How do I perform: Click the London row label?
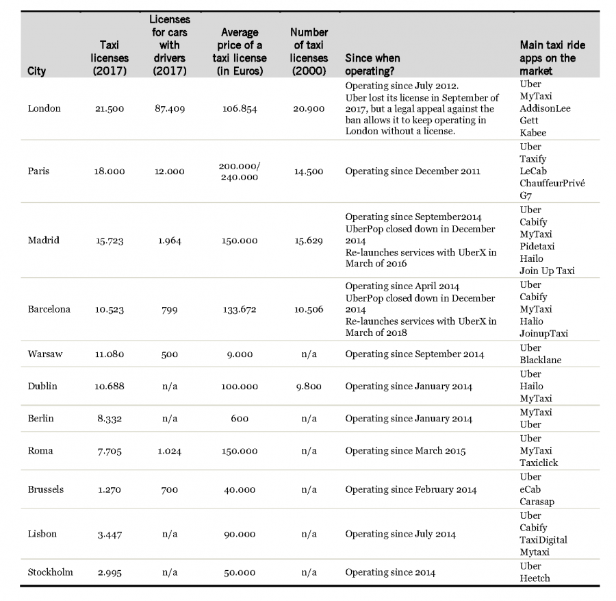pos(44,108)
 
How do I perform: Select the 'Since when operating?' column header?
pos(372,64)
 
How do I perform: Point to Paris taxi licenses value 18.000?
pos(110,171)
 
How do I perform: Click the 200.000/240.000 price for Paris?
pos(239,171)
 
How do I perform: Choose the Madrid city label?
pos(44,240)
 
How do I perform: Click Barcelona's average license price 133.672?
pos(239,309)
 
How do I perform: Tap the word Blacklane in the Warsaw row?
pos(540,360)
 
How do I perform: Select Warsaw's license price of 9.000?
pos(239,354)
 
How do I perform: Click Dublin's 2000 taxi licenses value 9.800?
pos(309,386)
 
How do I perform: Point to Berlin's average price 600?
pos(239,418)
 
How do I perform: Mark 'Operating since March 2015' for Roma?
pos(405,450)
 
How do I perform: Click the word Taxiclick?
pos(539,463)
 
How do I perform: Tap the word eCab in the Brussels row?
pos(531,489)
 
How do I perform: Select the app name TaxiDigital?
pos(543,540)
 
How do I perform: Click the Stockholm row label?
pos(50,572)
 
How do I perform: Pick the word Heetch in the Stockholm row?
pos(535,578)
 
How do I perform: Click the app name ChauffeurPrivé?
pos(552,184)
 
